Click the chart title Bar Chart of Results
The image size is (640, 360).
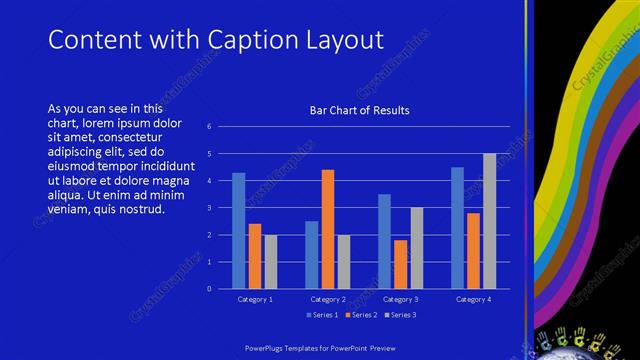click(359, 110)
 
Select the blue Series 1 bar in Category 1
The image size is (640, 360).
click(238, 230)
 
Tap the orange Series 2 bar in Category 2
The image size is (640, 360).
click(328, 229)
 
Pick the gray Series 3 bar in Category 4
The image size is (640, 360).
click(489, 221)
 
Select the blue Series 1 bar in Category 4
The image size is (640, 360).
click(457, 228)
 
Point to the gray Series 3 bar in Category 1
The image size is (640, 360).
click(271, 261)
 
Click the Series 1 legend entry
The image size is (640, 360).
click(322, 315)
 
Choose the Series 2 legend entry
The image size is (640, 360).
click(361, 315)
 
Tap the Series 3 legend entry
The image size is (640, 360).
click(400, 315)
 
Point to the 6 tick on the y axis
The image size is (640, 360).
click(209, 127)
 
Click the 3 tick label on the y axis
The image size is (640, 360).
click(209, 208)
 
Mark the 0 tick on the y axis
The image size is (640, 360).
click(209, 289)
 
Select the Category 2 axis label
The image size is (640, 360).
click(328, 299)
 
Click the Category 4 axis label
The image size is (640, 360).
click(473, 299)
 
